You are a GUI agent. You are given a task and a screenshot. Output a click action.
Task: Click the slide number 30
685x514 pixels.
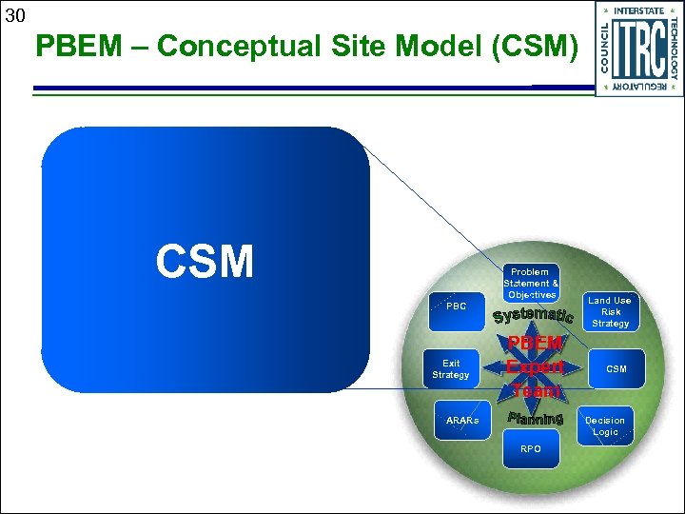(x=14, y=15)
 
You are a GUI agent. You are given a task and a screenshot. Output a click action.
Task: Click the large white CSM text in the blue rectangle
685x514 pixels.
(x=205, y=261)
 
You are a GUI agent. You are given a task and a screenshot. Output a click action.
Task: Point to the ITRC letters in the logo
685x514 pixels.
(x=638, y=49)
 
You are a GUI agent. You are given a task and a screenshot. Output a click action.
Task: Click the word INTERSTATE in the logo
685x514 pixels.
(x=638, y=10)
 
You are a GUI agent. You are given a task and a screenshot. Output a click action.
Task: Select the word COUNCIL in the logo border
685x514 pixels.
(x=605, y=49)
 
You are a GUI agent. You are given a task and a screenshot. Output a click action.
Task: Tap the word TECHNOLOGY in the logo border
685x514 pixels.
(x=674, y=49)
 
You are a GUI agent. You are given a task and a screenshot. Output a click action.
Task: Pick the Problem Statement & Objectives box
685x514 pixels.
(x=531, y=284)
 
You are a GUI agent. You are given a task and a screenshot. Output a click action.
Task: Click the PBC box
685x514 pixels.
(x=457, y=306)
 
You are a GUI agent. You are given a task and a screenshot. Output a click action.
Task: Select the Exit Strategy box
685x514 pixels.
(x=451, y=369)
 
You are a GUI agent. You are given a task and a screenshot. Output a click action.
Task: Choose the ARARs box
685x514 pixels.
(x=462, y=420)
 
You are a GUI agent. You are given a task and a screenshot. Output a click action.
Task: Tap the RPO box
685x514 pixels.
(x=531, y=448)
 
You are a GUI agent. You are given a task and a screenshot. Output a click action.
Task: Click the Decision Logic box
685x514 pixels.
(x=605, y=425)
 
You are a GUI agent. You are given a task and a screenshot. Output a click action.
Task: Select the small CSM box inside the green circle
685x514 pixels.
(x=616, y=368)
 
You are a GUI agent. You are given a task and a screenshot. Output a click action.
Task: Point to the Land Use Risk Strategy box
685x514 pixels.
(x=611, y=312)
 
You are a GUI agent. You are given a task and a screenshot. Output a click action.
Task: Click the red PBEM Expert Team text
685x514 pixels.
(x=536, y=366)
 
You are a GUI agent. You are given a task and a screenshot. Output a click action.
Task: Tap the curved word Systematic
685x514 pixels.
(x=533, y=315)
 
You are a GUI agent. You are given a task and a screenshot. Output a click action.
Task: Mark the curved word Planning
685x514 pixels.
(x=536, y=419)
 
